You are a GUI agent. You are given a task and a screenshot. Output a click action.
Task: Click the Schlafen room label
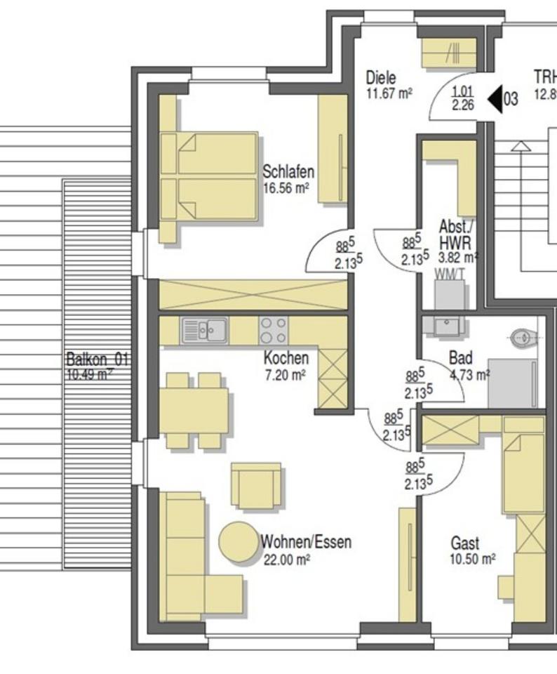pyautogui.click(x=288, y=171)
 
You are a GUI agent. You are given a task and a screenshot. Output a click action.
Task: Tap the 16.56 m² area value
pyautogui.click(x=286, y=187)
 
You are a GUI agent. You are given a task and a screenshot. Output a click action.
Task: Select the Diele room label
pyautogui.click(x=381, y=78)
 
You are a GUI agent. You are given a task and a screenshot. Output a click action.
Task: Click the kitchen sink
pyautogui.click(x=204, y=329)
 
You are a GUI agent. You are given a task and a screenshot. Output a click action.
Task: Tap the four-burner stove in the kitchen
pyautogui.click(x=273, y=329)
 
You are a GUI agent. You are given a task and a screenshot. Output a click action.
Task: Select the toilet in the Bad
pyautogui.click(x=523, y=338)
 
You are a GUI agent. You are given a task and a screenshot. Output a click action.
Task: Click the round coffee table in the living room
pyautogui.click(x=239, y=542)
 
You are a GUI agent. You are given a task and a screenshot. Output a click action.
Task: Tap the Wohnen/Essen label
pyautogui.click(x=306, y=542)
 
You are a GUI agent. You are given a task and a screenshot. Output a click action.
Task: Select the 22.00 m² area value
pyautogui.click(x=286, y=560)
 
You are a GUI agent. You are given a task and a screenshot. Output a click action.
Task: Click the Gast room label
pyautogui.click(x=465, y=543)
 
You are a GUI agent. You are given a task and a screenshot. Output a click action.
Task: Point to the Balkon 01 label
pyautogui.click(x=97, y=359)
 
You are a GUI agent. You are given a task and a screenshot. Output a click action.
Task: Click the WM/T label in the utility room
pyautogui.click(x=449, y=274)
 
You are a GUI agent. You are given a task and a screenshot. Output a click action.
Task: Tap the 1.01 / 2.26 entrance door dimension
pyautogui.click(x=463, y=98)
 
